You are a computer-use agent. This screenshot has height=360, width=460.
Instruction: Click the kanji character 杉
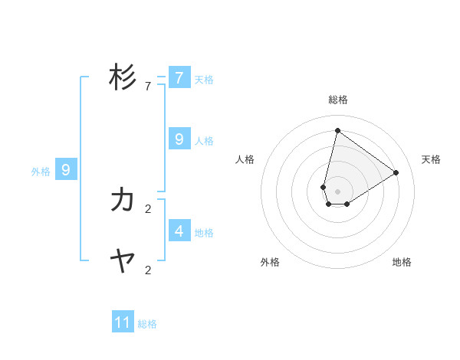123,77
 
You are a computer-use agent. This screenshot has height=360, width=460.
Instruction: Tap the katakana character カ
123,201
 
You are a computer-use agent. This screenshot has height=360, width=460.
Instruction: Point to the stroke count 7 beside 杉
147,87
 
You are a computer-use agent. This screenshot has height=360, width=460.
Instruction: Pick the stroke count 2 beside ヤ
147,270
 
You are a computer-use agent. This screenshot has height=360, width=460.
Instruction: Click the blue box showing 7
179,78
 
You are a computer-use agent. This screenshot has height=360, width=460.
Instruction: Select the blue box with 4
179,231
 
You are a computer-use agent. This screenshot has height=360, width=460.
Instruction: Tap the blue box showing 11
123,322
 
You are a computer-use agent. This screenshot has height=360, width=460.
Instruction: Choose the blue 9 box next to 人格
179,139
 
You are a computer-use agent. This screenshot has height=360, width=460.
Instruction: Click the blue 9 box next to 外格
66,170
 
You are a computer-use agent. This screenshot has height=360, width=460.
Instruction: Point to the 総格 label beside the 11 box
147,324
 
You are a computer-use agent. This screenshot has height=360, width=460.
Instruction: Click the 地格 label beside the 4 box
204,233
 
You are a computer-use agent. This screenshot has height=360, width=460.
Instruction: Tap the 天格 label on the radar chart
431,159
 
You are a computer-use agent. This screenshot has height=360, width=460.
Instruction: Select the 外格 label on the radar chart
270,262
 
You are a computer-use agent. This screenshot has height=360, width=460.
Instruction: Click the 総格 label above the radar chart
338,100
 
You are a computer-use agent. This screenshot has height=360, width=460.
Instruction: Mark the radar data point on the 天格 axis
396,172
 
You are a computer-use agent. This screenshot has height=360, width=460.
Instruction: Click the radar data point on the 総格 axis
337,130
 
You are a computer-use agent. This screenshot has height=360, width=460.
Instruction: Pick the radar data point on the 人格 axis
324,187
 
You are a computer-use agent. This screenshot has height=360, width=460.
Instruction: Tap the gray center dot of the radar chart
337,191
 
